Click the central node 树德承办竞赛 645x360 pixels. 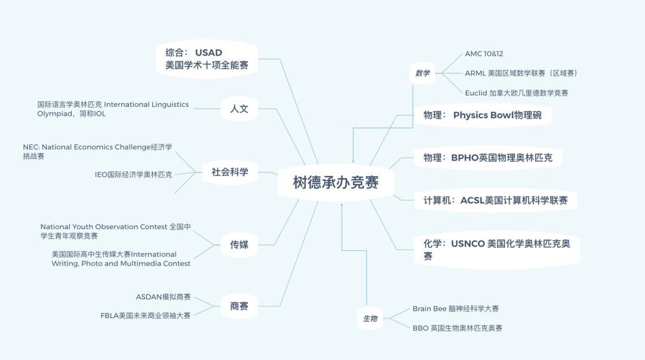[x=336, y=182]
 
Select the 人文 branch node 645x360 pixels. [x=239, y=109]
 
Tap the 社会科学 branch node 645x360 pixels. [x=230, y=172]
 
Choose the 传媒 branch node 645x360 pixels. [x=239, y=245]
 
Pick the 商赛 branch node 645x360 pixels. [x=239, y=306]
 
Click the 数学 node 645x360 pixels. [x=422, y=73]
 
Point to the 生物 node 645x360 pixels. [x=370, y=318]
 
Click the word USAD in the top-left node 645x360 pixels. [x=208, y=53]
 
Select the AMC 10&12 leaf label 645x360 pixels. [x=484, y=54]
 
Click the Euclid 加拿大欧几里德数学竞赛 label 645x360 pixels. [x=517, y=93]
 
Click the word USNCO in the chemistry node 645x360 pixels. [x=468, y=244]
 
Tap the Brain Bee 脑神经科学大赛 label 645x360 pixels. [x=455, y=309]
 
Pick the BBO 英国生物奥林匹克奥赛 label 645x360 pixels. [x=457, y=328]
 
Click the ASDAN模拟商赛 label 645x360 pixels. [x=163, y=297]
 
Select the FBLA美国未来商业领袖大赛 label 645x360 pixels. [x=146, y=316]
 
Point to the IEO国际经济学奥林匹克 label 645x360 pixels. [x=134, y=174]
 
